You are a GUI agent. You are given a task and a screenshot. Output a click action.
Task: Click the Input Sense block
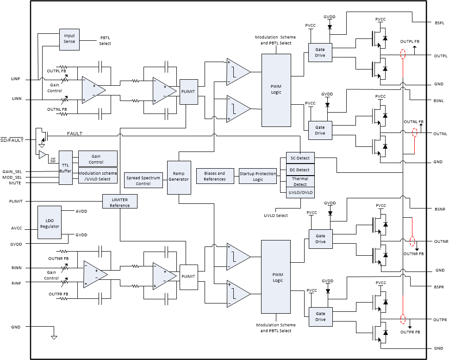(x=69, y=38)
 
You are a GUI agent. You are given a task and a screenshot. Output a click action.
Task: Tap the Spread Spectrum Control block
(x=143, y=180)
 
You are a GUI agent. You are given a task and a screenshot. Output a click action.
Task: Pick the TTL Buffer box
(x=66, y=168)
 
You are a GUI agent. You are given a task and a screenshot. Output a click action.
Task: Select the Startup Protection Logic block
(x=258, y=177)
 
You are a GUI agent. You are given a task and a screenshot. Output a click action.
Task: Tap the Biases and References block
(x=214, y=177)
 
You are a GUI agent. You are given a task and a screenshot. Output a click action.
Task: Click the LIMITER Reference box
(x=120, y=202)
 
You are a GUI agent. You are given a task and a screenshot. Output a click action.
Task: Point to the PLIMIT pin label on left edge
(x=16, y=201)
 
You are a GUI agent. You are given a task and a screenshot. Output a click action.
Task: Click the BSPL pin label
(x=439, y=22)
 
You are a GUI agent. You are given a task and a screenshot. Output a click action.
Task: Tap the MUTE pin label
(x=15, y=183)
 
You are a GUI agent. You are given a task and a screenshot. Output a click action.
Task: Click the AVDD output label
(x=81, y=211)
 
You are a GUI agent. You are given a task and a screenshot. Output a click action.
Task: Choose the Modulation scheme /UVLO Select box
(x=98, y=176)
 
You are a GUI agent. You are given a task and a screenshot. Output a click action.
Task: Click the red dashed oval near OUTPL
(x=403, y=54)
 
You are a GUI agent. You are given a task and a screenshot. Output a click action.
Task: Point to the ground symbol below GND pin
(x=54, y=337)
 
